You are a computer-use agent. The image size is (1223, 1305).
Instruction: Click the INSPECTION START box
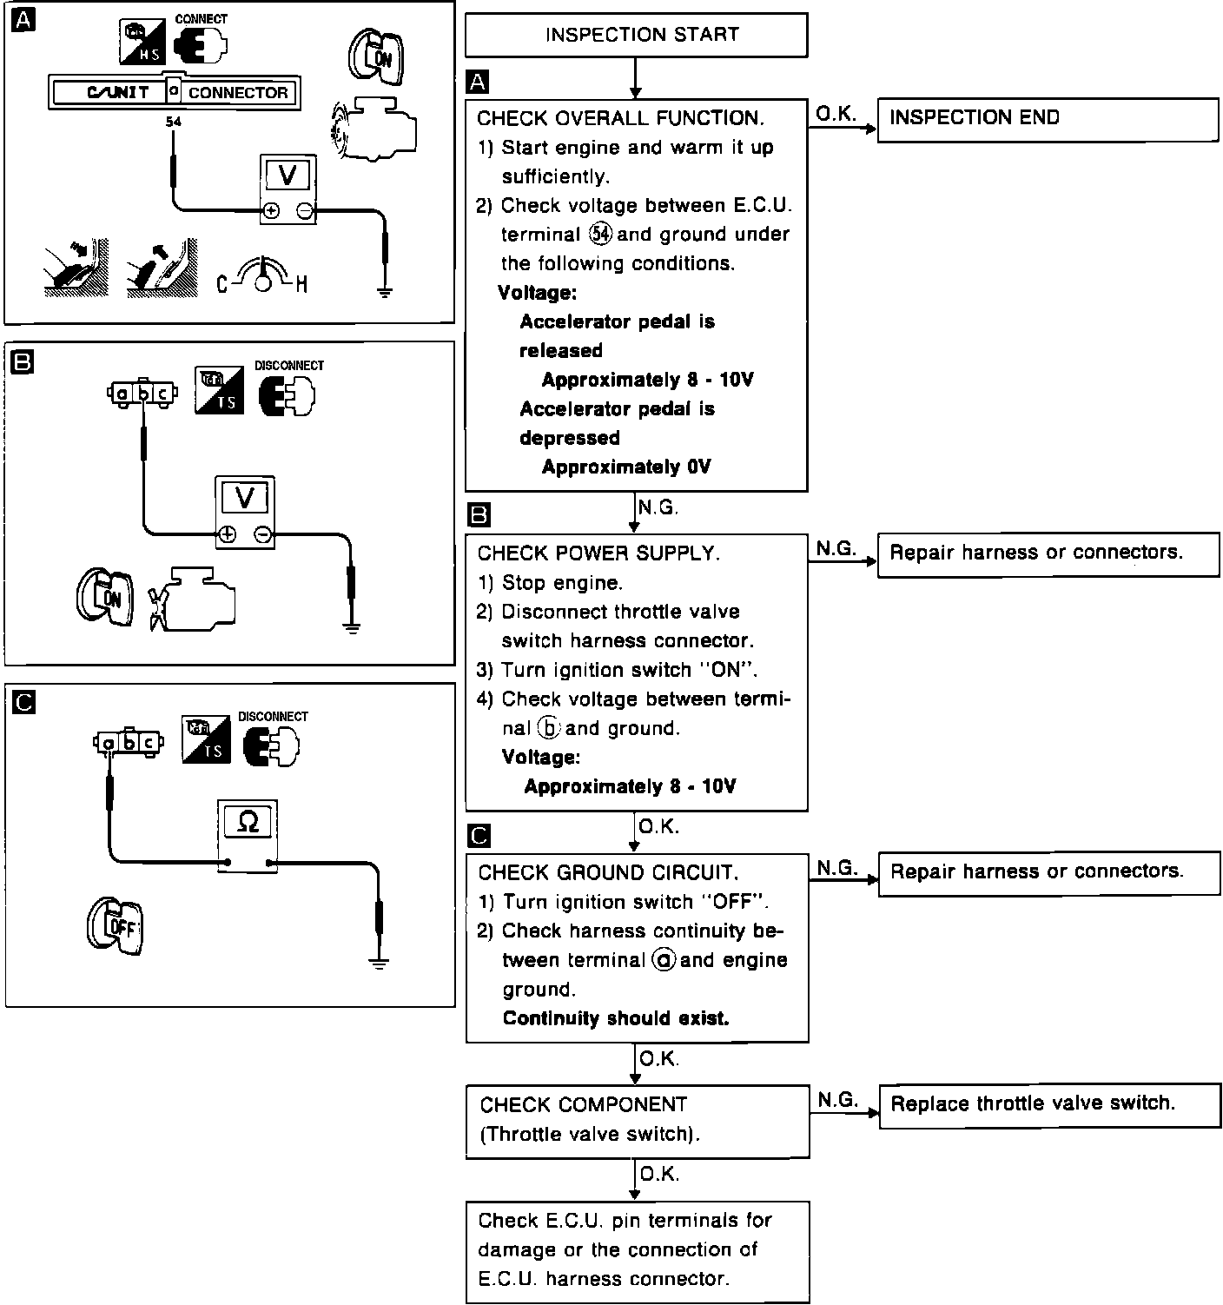[637, 35]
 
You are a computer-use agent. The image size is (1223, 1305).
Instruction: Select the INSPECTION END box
[1048, 118]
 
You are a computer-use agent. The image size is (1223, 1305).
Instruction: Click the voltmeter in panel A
[288, 189]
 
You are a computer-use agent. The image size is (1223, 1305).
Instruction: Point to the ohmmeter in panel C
[248, 835]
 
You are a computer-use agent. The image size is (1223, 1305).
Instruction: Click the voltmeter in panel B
[245, 512]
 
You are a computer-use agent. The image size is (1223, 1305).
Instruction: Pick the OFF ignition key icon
[115, 927]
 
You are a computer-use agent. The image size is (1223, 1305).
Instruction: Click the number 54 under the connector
[174, 122]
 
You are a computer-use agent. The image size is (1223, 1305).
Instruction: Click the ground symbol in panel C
[379, 962]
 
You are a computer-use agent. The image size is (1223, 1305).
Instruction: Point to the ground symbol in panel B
[351, 627]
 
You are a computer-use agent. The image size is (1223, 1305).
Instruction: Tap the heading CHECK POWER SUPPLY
[599, 553]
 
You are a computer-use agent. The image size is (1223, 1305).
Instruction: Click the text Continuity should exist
[616, 1018]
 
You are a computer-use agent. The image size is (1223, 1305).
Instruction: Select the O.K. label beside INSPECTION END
[836, 113]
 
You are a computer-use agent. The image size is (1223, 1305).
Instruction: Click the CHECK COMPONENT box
[637, 1120]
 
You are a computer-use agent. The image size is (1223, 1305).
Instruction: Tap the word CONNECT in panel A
[202, 18]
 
